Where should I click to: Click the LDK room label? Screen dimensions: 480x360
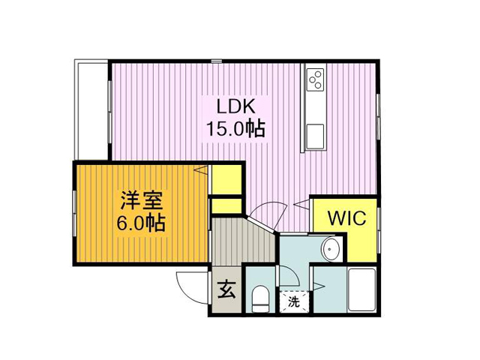tap(235, 106)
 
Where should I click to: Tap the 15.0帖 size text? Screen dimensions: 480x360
tap(235, 128)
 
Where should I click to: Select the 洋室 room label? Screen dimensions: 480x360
tap(142, 200)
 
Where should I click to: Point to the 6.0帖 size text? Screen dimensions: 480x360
tap(141, 223)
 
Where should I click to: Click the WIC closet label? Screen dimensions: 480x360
tap(346, 218)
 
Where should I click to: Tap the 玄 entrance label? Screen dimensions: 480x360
tap(226, 289)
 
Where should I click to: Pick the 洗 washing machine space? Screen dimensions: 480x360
tap(294, 301)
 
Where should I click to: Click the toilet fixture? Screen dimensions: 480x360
tap(260, 298)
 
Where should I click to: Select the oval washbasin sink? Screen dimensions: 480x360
tap(331, 249)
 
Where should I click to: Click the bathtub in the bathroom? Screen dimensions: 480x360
tap(362, 289)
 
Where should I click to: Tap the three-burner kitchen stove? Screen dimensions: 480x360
tap(315, 79)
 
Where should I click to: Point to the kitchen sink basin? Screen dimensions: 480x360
tap(315, 136)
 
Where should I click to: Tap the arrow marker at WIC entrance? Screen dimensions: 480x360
tap(301, 204)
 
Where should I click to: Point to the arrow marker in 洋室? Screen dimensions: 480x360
tap(201, 170)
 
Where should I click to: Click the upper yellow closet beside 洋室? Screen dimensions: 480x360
tap(226, 180)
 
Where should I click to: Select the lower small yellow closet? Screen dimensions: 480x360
tap(226, 206)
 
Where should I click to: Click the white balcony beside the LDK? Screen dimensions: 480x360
tap(91, 109)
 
